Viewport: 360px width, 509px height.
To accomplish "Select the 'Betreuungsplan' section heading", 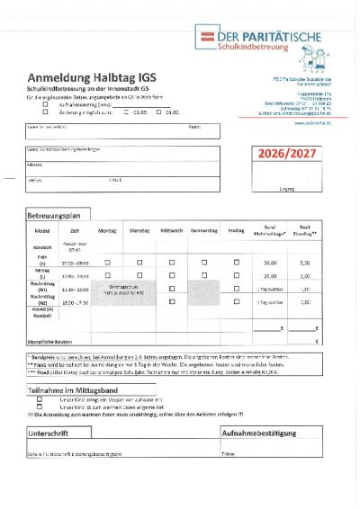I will click(59, 216).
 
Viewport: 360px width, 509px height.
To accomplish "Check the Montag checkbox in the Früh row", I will click(107, 262).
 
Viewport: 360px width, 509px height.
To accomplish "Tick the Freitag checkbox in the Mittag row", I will click(237, 275).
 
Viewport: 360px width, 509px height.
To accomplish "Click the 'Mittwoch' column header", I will click(171, 231).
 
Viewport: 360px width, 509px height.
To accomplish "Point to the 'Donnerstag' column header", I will click(204, 231).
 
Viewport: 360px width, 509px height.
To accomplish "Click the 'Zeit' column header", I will click(75, 231).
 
